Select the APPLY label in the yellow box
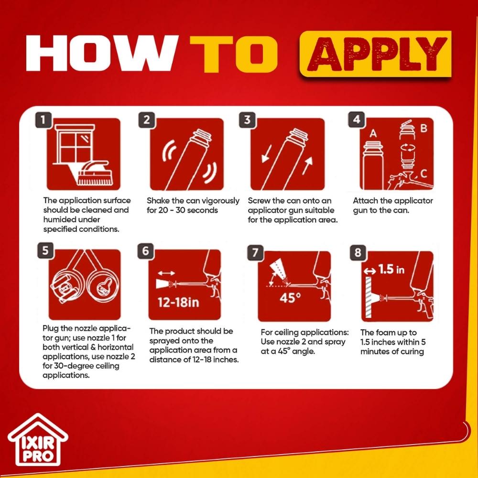(376, 54)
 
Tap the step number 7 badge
(255, 252)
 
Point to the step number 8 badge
(358, 252)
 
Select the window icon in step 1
(73, 143)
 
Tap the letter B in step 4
(424, 128)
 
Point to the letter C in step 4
(423, 174)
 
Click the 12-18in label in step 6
(178, 303)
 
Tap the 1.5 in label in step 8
(391, 270)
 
